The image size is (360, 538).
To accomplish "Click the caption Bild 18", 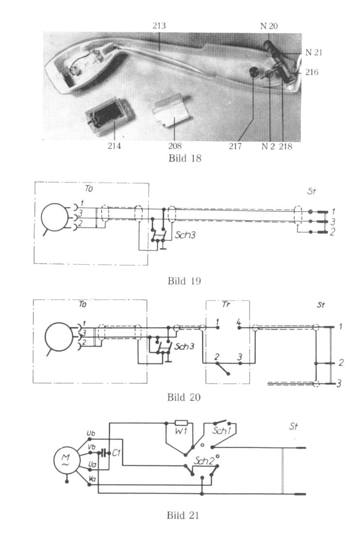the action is [x=184, y=158].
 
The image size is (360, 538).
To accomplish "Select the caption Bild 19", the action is [x=184, y=281].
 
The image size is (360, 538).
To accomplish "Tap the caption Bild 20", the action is [x=184, y=397].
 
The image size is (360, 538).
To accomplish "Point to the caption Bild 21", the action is [x=183, y=515].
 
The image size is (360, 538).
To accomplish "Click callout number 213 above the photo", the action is [x=159, y=26].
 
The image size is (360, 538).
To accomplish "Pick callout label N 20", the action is [x=269, y=26].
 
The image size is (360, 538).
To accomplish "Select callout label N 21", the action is [x=314, y=52].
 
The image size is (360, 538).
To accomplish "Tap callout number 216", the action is [x=311, y=72].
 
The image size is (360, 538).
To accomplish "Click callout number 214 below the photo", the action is [x=114, y=146].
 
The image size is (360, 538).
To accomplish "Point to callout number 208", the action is [x=175, y=146].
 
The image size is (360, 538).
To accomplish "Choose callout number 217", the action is [x=235, y=146].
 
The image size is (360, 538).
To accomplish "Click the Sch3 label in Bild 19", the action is [x=185, y=235].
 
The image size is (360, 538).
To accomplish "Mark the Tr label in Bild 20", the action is [x=226, y=304].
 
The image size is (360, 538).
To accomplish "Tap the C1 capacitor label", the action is [x=116, y=453].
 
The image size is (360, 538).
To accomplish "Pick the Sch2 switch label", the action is [x=203, y=461].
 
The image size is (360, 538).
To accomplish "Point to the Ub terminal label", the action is [x=91, y=434].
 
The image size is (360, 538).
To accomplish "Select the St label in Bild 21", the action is [x=294, y=426].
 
